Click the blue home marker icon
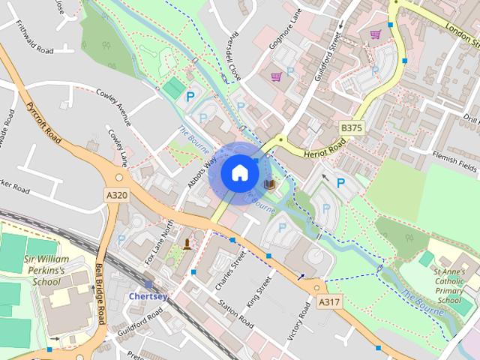click(238, 172)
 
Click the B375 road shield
click(351, 129)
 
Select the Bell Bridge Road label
click(100, 293)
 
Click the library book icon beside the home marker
click(270, 184)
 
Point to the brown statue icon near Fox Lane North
click(186, 242)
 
